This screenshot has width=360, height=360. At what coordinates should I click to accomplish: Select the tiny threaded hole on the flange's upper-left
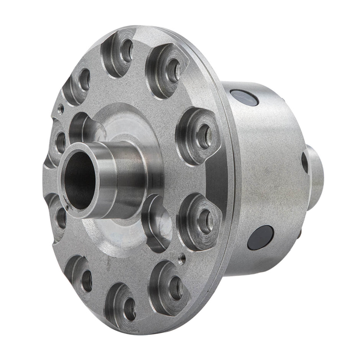tap(61, 109)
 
